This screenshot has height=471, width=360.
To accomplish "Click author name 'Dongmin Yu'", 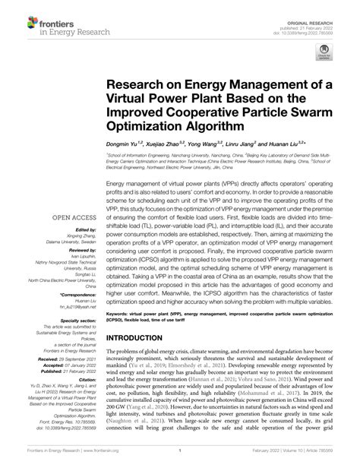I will click(x=126, y=143).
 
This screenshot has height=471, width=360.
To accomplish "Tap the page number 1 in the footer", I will click(x=180, y=460).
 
